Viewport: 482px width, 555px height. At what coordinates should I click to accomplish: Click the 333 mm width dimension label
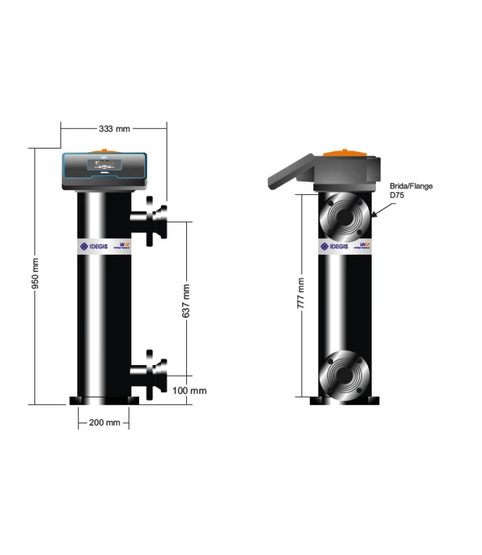point(114,128)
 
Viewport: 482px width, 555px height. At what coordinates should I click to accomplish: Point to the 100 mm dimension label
point(189,390)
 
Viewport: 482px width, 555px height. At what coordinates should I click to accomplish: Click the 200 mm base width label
point(104,422)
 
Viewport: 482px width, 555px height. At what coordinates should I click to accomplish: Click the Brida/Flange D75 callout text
point(412,191)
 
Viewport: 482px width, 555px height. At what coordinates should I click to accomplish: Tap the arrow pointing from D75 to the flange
point(382,209)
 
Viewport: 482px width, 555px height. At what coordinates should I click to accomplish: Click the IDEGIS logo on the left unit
point(93,246)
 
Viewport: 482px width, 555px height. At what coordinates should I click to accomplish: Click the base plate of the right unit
point(345,401)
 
